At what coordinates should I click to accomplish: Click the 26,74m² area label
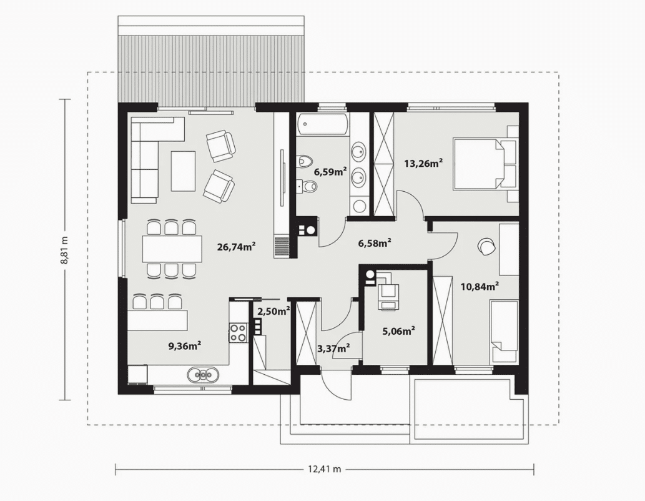237,247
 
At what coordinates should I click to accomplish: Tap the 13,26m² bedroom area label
423,164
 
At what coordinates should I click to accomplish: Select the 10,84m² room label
480,286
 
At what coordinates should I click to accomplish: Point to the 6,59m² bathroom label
330,171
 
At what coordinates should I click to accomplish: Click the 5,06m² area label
398,330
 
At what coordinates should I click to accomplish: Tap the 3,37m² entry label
333,349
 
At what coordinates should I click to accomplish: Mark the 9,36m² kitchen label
184,346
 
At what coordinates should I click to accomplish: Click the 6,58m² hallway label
375,243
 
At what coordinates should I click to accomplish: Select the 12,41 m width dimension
325,469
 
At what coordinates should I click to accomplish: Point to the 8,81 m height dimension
64,250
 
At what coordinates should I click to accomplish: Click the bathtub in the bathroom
322,124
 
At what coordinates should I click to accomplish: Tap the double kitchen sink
204,374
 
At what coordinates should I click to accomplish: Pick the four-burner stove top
238,332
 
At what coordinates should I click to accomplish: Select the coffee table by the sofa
184,171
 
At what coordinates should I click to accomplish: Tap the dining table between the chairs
172,248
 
